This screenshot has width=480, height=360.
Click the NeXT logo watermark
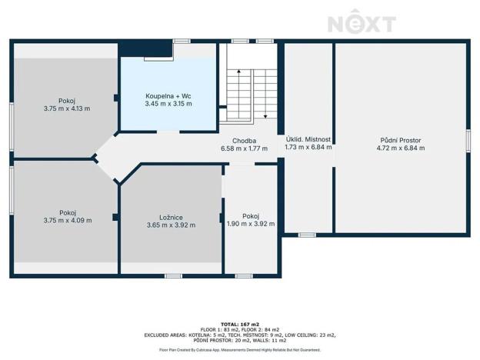[362, 22]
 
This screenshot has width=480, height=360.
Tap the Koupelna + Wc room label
[168, 96]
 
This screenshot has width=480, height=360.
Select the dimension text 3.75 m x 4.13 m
[67, 108]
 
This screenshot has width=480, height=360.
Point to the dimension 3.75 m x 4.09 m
[68, 221]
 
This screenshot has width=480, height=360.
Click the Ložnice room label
[171, 218]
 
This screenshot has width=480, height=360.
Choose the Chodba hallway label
[245, 141]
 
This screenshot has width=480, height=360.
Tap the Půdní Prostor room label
[401, 140]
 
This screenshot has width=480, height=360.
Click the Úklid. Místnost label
[308, 139]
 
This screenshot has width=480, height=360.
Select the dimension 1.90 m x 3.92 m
[251, 224]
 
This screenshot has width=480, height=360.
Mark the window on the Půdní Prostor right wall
[468, 141]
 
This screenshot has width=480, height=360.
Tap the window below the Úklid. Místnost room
[307, 235]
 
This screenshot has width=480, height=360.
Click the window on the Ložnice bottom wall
[174, 276]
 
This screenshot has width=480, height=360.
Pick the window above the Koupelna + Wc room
[182, 41]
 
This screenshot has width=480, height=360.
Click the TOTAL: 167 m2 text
[240, 324]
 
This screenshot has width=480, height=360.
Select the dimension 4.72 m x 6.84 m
[401, 148]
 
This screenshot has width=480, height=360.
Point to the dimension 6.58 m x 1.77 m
[245, 148]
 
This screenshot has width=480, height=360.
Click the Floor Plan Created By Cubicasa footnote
[240, 349]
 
